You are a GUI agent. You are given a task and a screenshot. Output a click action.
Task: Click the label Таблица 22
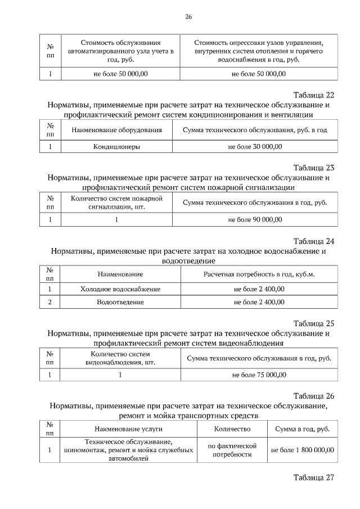(314, 94)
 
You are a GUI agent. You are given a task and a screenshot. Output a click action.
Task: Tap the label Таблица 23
(314, 168)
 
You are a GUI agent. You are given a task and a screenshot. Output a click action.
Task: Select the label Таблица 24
(314, 241)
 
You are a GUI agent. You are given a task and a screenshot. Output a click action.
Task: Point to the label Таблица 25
(314, 323)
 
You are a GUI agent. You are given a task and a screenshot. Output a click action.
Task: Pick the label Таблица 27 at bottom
(314, 478)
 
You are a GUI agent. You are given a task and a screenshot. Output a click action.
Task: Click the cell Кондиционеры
(116, 147)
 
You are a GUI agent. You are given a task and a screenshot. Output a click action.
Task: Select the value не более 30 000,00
(255, 147)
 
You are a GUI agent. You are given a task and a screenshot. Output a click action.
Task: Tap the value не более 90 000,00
(255, 220)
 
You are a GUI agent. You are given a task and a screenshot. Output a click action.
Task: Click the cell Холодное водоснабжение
(120, 289)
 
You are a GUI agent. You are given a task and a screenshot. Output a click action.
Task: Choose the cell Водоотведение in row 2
(120, 302)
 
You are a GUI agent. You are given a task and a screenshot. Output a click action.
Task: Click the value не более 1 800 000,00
(302, 450)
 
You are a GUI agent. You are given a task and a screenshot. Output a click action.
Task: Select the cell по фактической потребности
(232, 450)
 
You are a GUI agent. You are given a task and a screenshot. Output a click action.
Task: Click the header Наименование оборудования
(116, 130)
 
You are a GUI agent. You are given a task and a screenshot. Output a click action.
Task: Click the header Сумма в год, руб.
(302, 429)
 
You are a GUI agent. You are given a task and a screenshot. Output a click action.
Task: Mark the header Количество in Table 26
(232, 429)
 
